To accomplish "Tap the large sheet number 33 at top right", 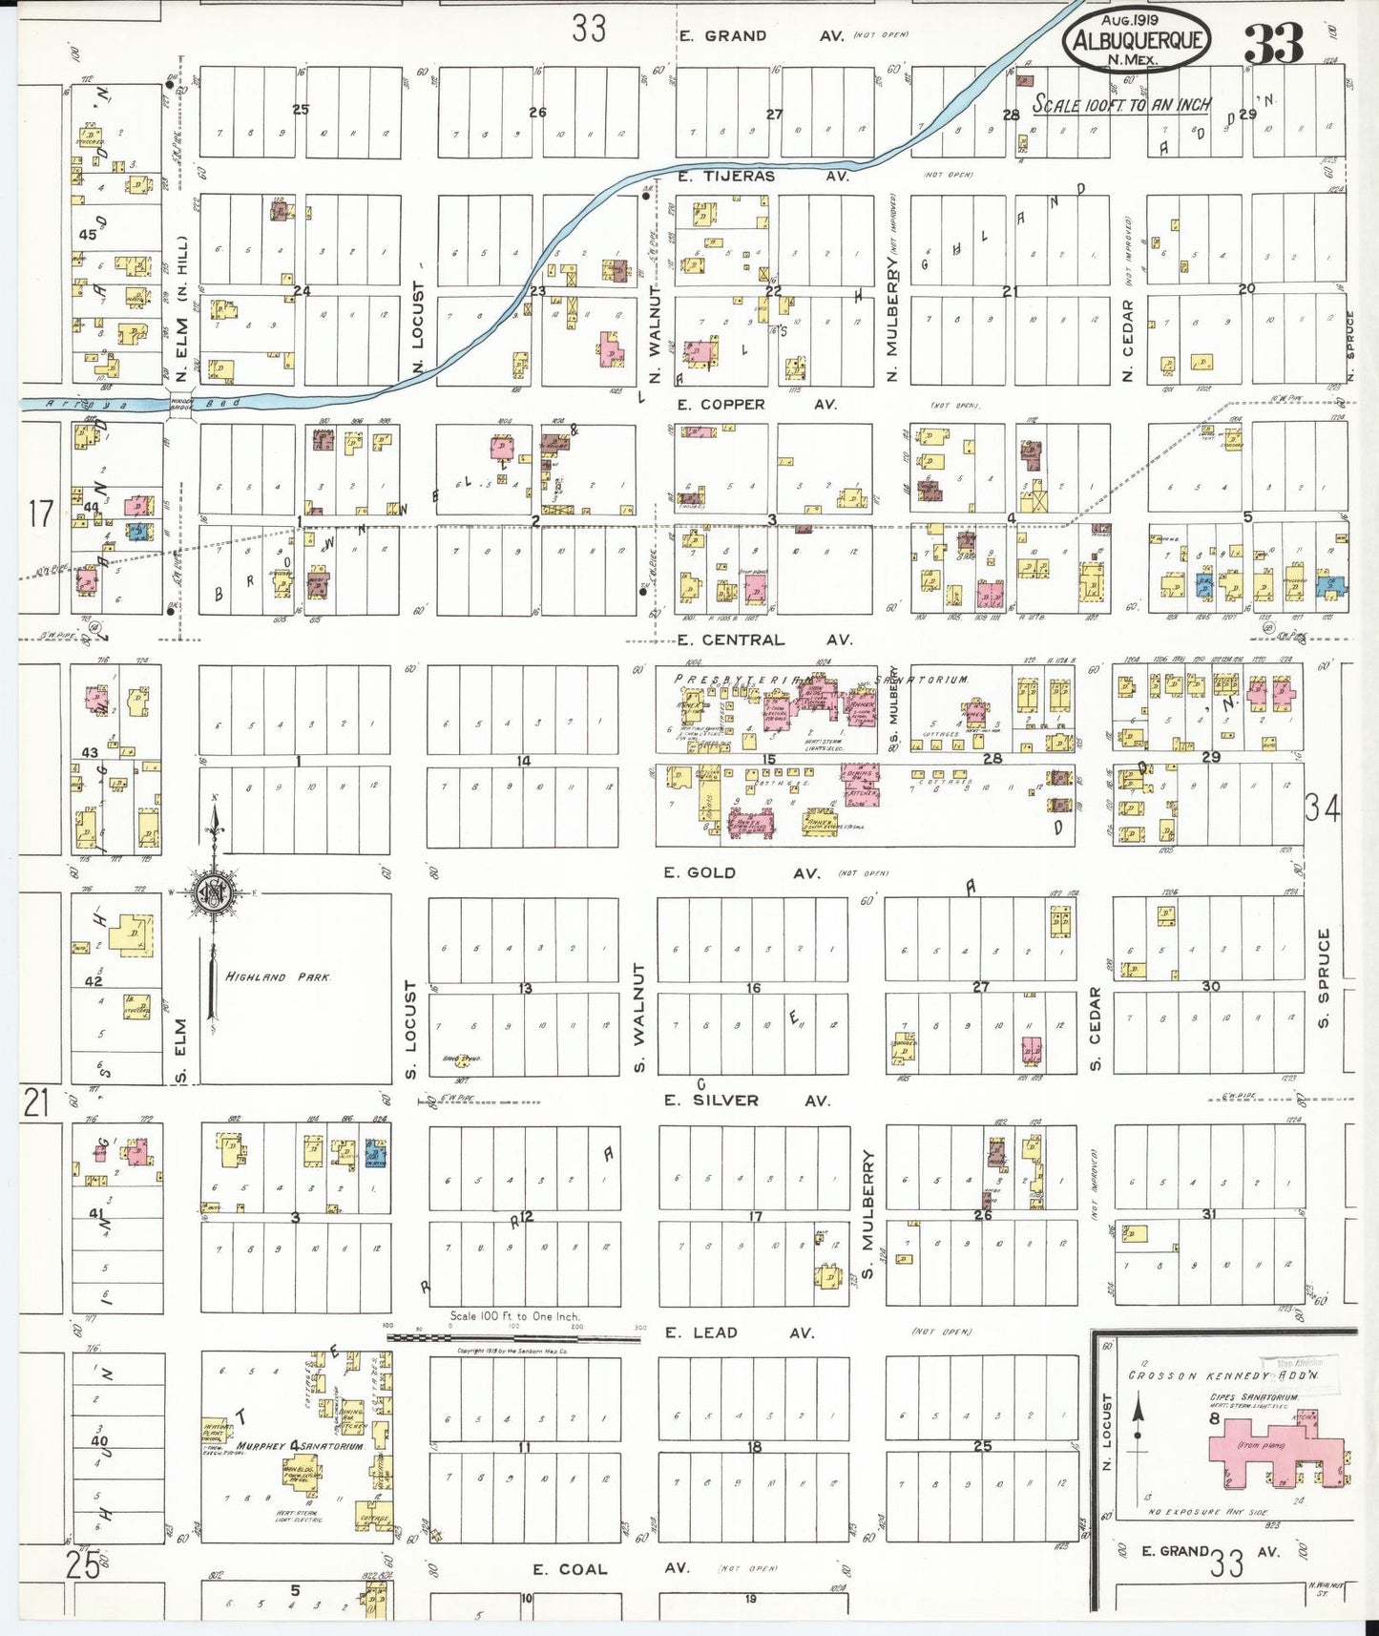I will [1274, 44].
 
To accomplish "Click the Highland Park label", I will [278, 976].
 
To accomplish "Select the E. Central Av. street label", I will [731, 640].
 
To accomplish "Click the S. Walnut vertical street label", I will [639, 1017].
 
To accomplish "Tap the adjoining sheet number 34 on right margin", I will [1322, 808].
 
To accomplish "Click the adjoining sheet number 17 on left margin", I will [40, 514].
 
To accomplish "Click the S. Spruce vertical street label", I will [1324, 978].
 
